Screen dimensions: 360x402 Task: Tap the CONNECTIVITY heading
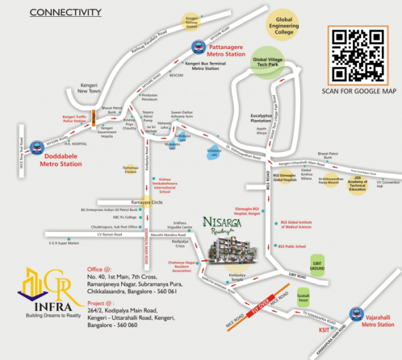(66, 12)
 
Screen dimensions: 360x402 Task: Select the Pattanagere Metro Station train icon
(199, 46)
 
